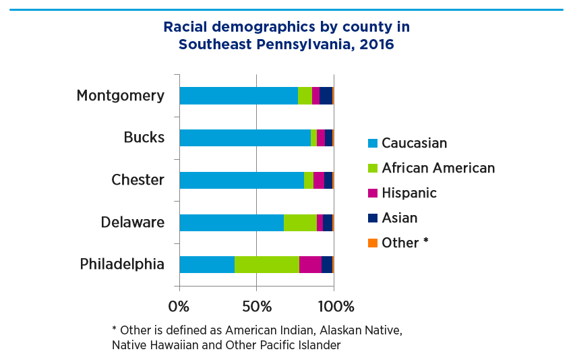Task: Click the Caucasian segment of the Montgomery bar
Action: pyautogui.click(x=238, y=96)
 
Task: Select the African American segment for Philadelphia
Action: pyautogui.click(x=267, y=265)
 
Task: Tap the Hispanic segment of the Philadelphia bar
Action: pyautogui.click(x=310, y=265)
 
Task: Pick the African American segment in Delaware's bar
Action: pyautogui.click(x=300, y=222)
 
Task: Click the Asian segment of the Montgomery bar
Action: pyautogui.click(x=326, y=96)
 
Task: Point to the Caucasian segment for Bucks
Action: pyautogui.click(x=245, y=138)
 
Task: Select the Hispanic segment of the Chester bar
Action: pyautogui.click(x=319, y=180)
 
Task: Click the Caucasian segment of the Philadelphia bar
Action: pyautogui.click(x=207, y=265)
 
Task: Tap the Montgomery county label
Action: pyautogui.click(x=120, y=96)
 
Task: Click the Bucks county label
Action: pyautogui.click(x=144, y=138)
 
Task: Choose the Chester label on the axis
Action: pyautogui.click(x=138, y=180)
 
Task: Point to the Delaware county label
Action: pyautogui.click(x=133, y=222)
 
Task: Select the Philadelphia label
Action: pyautogui.click(x=122, y=264)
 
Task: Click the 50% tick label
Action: pyautogui.click(x=256, y=307)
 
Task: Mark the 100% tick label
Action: pyautogui.click(x=335, y=307)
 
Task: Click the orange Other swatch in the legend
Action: pyautogui.click(x=372, y=243)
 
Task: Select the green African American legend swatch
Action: pyautogui.click(x=372, y=168)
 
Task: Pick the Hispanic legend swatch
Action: pyautogui.click(x=372, y=193)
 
